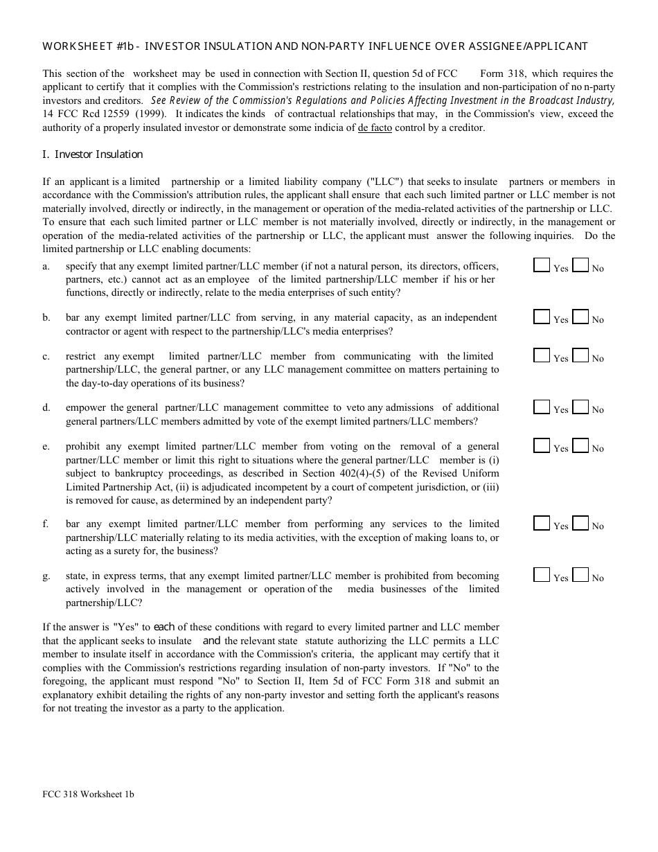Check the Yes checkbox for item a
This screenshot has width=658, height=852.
(x=542, y=265)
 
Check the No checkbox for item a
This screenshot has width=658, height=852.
(x=580, y=265)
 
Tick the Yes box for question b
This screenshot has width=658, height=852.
(x=542, y=317)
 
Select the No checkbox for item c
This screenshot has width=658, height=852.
(x=580, y=355)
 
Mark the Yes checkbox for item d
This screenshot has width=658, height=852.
(x=542, y=407)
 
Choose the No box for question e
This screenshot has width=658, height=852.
(x=580, y=445)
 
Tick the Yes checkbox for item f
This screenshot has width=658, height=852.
(x=542, y=523)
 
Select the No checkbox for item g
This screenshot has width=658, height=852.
(x=580, y=575)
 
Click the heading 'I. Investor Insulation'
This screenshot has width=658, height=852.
(x=93, y=154)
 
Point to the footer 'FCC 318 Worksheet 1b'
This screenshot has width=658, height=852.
(x=89, y=795)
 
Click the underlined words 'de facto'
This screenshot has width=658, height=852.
(x=375, y=127)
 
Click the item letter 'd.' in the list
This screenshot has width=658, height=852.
(x=46, y=408)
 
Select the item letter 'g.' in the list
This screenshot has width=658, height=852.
(x=46, y=576)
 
